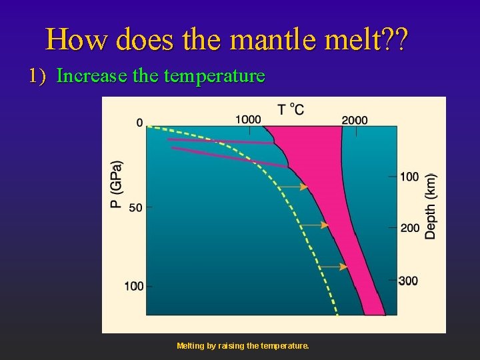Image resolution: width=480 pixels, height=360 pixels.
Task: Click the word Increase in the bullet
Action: [x=92, y=76]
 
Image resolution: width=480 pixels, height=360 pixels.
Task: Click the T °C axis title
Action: [x=291, y=109]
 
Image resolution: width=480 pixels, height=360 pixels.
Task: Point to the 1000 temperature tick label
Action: [x=248, y=119]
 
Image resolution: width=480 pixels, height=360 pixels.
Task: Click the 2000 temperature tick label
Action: [x=355, y=120]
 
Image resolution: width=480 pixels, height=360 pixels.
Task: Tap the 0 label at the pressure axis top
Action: [x=139, y=123]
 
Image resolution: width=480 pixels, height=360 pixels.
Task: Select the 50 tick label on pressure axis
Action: [x=135, y=207]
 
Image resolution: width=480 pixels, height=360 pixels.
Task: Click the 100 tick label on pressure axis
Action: [x=133, y=286]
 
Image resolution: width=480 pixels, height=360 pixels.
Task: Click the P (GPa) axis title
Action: [x=117, y=184]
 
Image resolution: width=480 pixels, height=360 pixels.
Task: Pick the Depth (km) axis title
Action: [x=431, y=206]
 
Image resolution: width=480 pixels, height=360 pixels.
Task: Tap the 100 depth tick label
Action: [x=409, y=177]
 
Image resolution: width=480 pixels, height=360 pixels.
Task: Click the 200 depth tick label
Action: [x=409, y=228]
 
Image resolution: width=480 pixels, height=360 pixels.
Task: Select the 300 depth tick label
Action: [x=408, y=281]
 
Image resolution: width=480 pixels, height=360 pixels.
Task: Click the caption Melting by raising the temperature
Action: [x=243, y=346]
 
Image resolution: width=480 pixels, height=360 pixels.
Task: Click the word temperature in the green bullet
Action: [x=214, y=76]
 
